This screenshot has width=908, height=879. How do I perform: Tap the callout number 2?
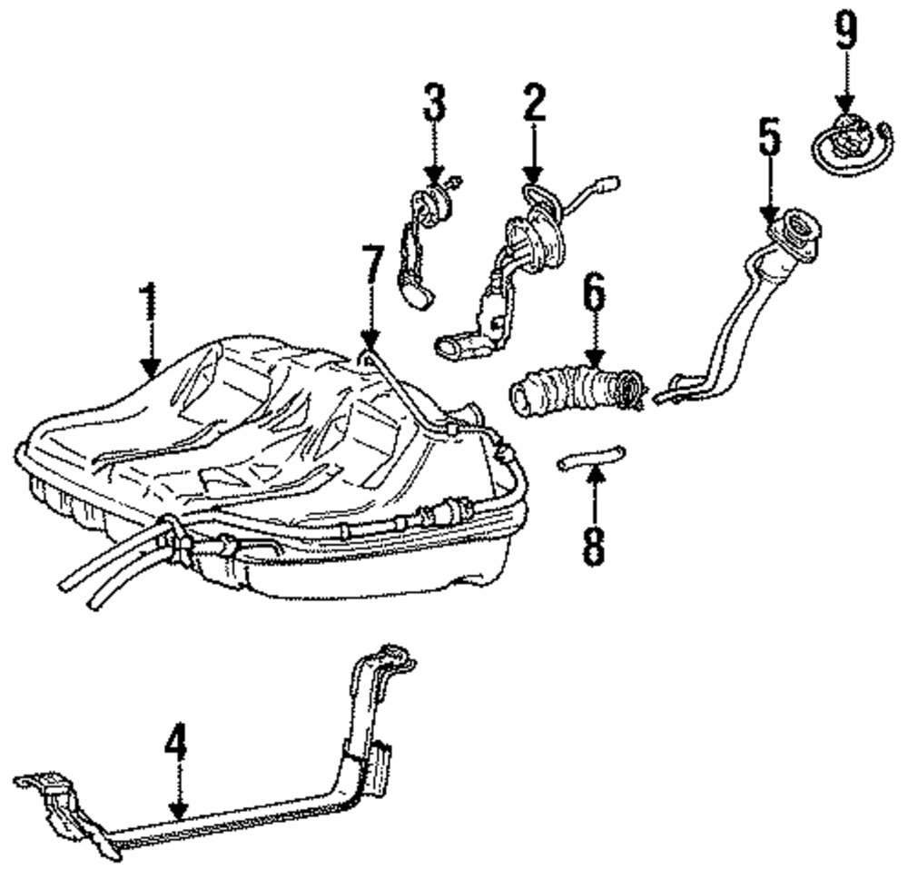534,106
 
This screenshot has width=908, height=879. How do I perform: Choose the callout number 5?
769,137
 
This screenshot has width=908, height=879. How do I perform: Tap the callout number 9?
845,32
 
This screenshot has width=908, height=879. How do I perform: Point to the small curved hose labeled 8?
591,457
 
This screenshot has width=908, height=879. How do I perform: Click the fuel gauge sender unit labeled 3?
419,245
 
